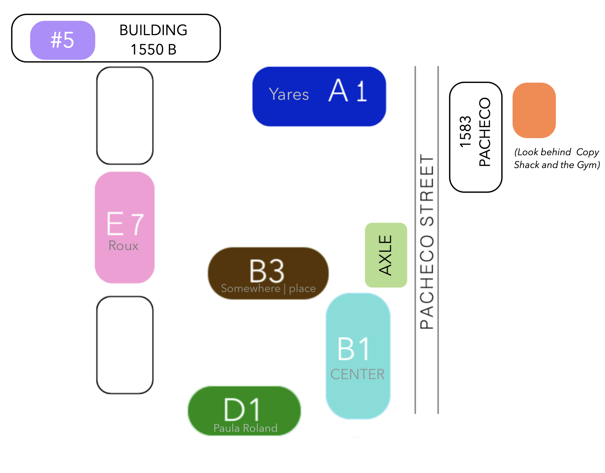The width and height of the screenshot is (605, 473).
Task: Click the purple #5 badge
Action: [62, 40]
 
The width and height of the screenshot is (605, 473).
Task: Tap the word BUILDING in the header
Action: [153, 30]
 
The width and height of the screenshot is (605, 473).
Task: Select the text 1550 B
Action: [153, 49]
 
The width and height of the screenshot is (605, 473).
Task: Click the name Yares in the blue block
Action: [289, 94]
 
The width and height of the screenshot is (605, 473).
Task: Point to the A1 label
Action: [348, 90]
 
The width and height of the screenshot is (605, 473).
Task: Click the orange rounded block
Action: [534, 110]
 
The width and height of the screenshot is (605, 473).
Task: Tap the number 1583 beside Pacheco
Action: [465, 131]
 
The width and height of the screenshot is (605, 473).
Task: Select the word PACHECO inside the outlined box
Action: [484, 132]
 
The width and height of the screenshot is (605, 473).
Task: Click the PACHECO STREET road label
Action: [427, 242]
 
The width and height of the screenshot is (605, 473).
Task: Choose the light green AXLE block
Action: [386, 255]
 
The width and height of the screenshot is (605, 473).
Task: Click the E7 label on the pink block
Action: [125, 224]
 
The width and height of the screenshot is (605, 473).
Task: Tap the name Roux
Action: [123, 246]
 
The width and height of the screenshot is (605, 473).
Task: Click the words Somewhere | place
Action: [268, 288]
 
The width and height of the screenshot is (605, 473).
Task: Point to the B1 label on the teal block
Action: [353, 349]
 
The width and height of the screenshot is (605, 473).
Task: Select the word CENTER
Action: [357, 374]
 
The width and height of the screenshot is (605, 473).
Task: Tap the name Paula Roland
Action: [246, 428]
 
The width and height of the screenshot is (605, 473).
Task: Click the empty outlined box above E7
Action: [125, 116]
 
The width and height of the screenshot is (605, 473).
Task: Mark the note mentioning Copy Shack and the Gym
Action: [557, 159]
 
